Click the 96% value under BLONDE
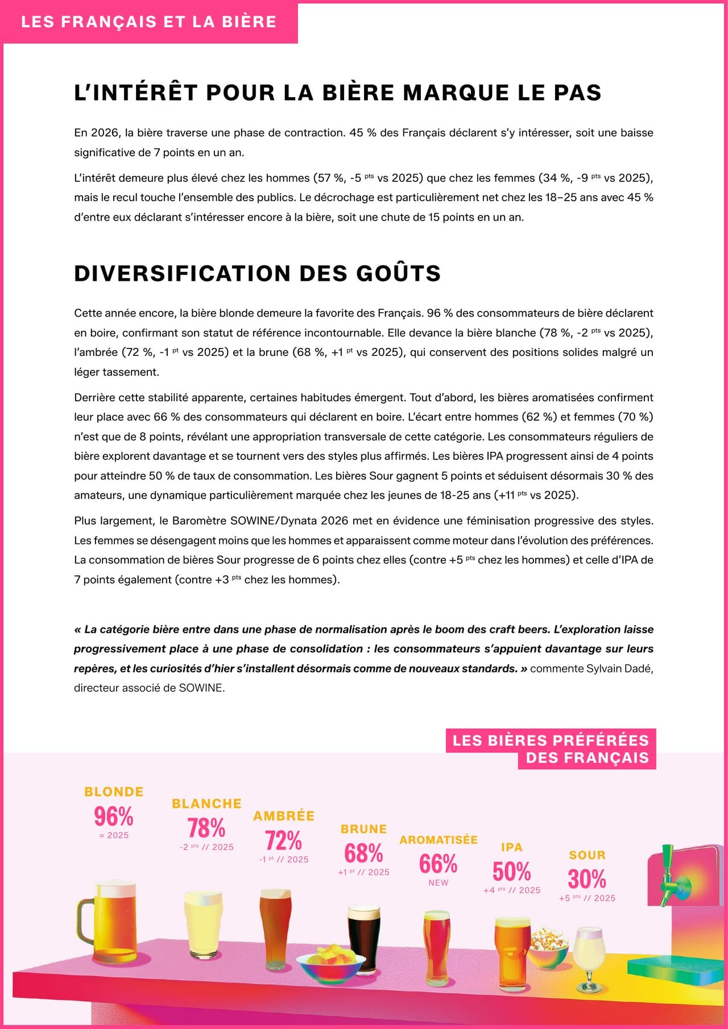114,816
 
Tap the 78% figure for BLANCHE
206,828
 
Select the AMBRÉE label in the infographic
284,816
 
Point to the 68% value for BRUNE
363,853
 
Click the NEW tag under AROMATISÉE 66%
439,883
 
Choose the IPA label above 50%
512,847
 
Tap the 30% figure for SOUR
587,878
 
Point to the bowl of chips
330,964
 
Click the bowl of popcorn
549,947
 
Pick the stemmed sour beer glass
589,955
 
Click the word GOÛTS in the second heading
398,273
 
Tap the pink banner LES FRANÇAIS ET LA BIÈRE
149,22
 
